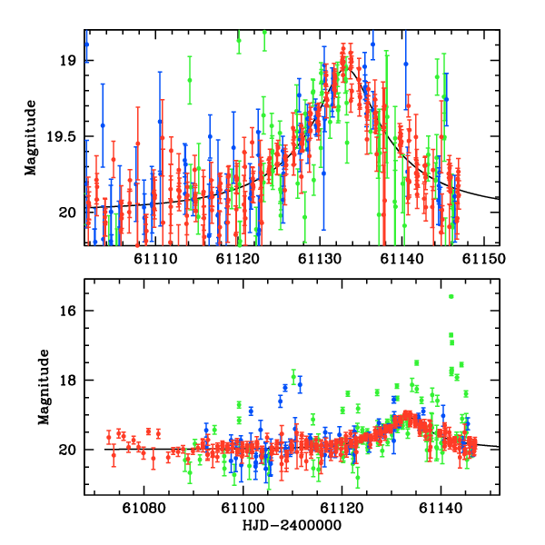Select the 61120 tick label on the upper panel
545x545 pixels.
click(236, 260)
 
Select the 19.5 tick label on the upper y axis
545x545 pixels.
click(62, 136)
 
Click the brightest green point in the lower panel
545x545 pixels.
click(451, 296)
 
